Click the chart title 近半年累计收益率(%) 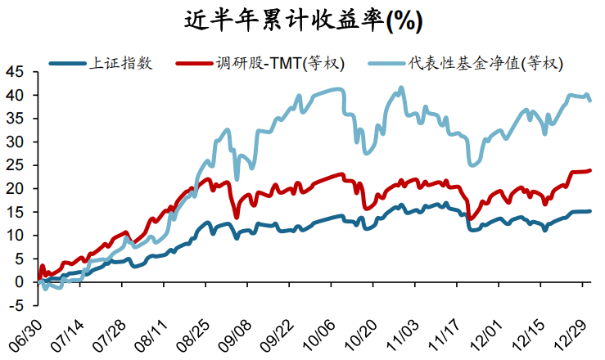(302, 20)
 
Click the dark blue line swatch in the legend (67, 63)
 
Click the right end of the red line (590, 170)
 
